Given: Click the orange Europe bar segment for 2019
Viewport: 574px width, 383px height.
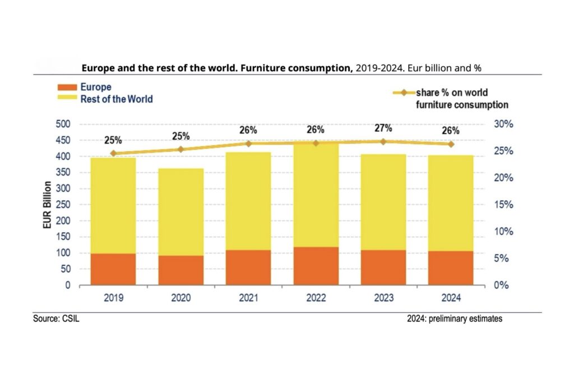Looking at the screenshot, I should [x=113, y=269].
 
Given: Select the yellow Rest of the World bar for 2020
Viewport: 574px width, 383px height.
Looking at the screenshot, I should [x=180, y=212].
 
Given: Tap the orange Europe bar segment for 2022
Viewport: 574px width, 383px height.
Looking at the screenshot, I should [x=316, y=266].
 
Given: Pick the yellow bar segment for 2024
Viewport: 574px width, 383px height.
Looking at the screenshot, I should [x=451, y=203].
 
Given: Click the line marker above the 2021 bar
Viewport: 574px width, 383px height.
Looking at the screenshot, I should [x=248, y=144].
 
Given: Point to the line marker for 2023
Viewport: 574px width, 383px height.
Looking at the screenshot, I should [x=383, y=142].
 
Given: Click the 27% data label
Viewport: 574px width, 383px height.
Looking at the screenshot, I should [x=383, y=129].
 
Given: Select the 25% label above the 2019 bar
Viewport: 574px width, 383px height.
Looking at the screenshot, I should [x=113, y=140].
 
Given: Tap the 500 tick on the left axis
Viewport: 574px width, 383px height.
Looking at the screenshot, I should [x=63, y=124].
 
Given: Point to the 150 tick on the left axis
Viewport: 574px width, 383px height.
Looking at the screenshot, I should [x=63, y=237].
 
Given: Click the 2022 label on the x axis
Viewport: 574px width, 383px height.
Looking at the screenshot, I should [x=316, y=297].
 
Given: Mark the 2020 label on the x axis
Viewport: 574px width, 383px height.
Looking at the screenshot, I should [x=180, y=297].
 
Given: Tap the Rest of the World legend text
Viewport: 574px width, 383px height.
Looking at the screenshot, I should [x=117, y=99].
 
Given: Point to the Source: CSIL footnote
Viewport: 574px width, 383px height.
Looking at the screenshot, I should [x=61, y=319].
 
